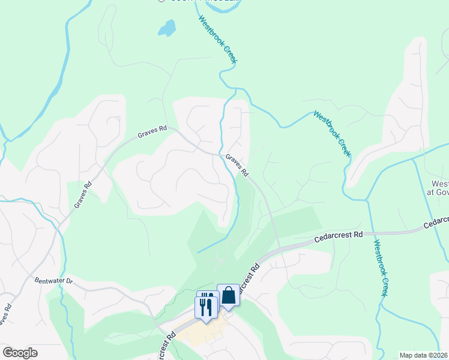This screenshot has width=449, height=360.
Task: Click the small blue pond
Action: point(166,28)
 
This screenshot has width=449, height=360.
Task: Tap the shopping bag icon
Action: point(228,295)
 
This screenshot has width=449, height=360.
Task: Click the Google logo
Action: point(20,352)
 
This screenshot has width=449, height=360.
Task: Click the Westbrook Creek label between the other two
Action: point(332,133)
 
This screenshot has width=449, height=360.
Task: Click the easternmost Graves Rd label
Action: point(237,164)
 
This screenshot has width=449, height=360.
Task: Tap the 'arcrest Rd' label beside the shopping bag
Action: point(247,280)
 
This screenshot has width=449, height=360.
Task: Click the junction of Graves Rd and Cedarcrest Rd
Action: point(277,246)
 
